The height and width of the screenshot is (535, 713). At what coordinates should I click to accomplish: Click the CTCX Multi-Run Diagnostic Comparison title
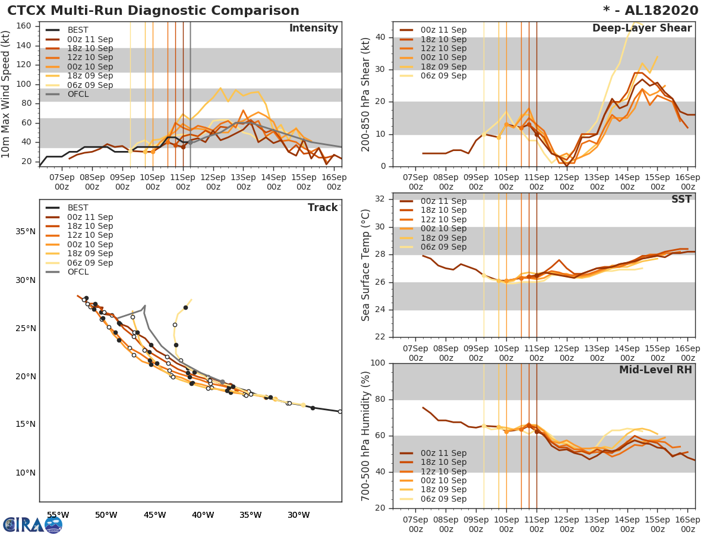(x=153, y=11)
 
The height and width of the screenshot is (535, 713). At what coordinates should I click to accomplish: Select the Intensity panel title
(x=313, y=29)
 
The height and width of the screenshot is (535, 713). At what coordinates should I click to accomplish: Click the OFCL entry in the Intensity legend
(x=78, y=94)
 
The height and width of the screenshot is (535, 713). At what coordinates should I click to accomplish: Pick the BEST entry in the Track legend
(x=78, y=207)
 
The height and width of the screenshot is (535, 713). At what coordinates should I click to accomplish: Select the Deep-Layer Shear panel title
(x=642, y=29)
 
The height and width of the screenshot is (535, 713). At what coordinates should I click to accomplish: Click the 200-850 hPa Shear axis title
(x=366, y=94)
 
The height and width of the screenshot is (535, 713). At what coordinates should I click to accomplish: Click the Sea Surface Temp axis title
(x=366, y=265)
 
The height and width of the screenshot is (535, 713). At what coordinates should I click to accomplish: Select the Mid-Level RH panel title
(x=655, y=370)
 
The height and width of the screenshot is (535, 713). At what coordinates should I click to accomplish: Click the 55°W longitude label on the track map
(x=58, y=515)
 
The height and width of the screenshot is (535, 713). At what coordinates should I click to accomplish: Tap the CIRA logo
(x=32, y=524)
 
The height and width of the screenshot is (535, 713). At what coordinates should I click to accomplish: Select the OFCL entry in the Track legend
(x=78, y=272)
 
